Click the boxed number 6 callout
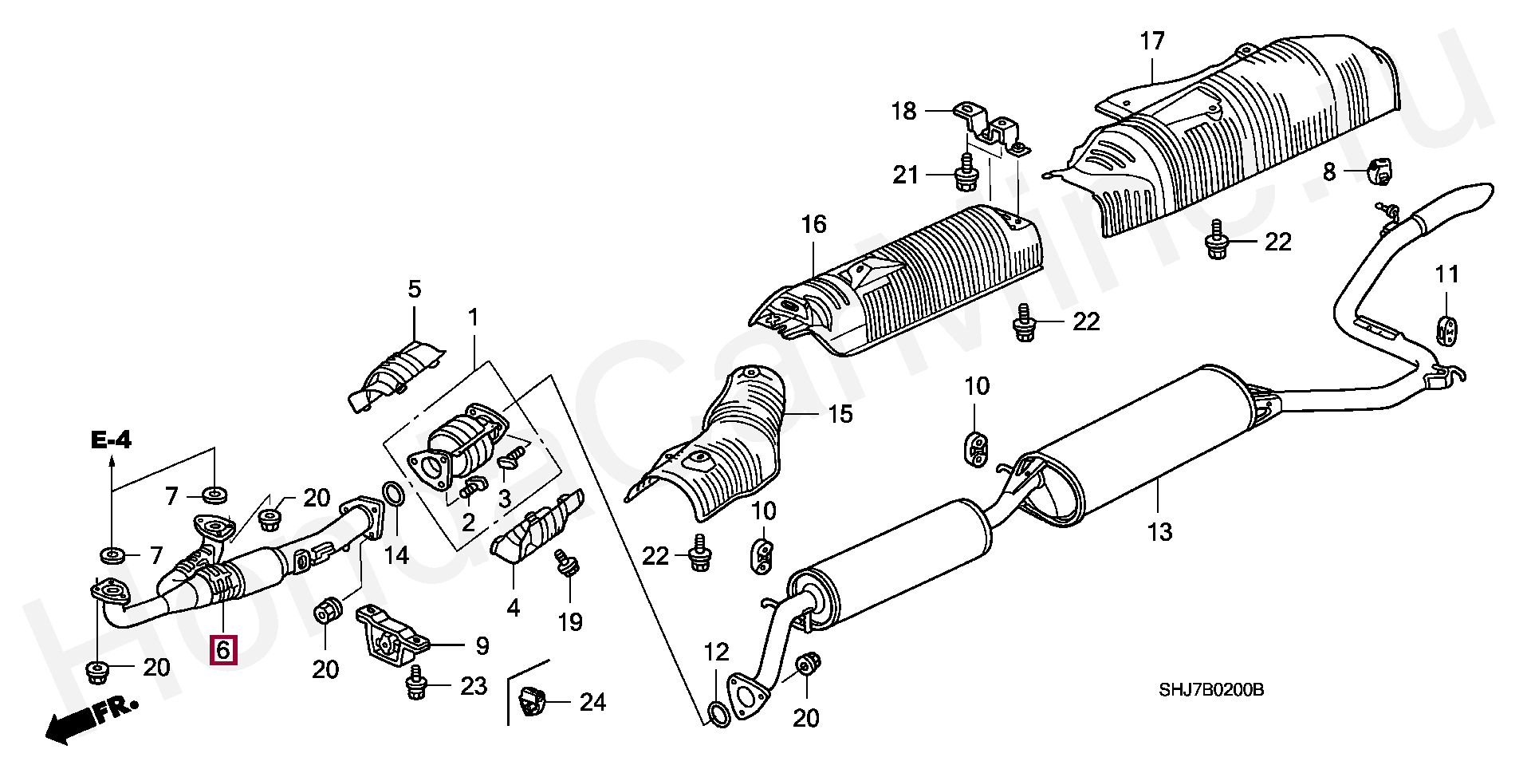pos(222,649)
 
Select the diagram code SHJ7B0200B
pos(1211,689)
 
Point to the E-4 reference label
pos(111,439)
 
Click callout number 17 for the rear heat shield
pos(1152,41)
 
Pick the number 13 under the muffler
pos(1159,531)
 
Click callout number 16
pos(814,225)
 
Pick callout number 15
pos(840,414)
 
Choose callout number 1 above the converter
pos(473,318)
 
